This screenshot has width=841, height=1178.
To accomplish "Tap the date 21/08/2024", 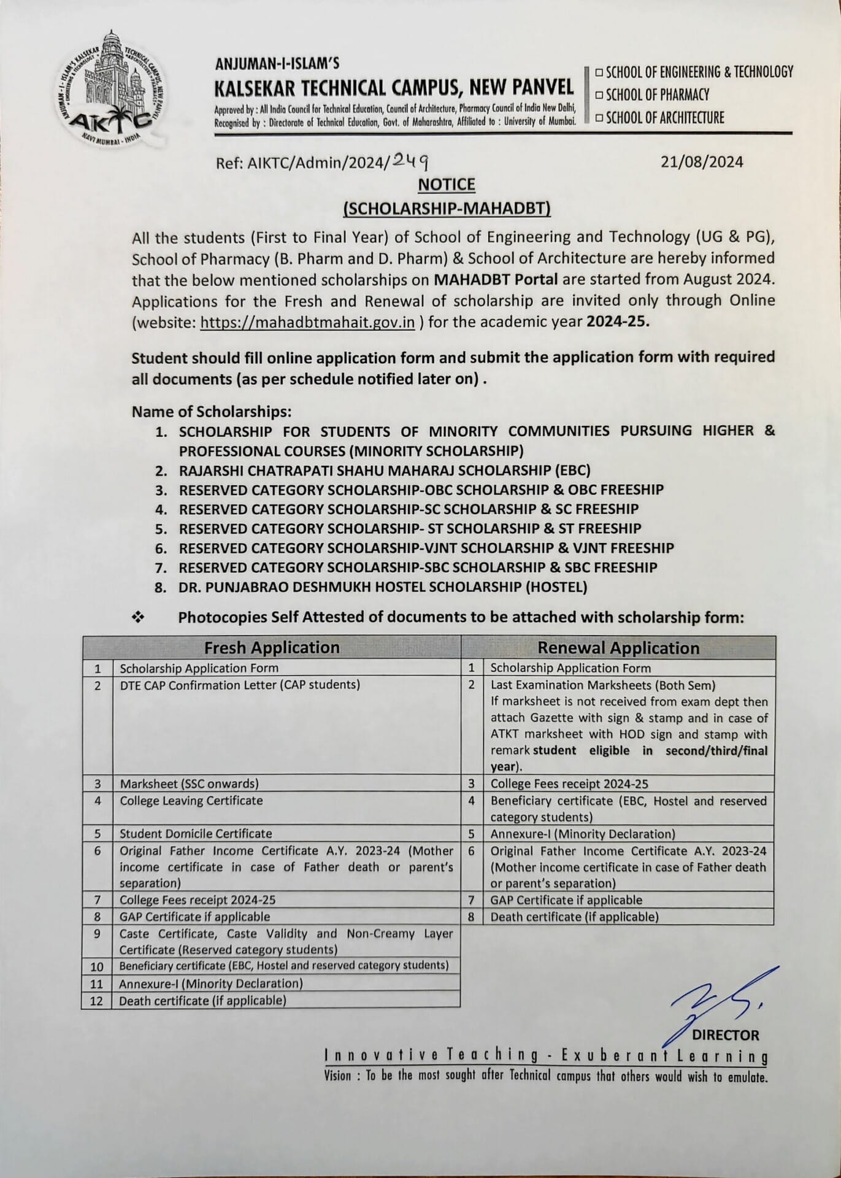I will coord(702,162).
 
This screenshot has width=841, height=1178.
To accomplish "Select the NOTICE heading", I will coord(447,185).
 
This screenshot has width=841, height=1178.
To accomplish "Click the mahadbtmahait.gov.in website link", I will coord(308,323).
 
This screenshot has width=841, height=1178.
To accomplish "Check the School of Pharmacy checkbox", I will coord(599,95).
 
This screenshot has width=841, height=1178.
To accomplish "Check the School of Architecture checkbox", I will coord(599,118).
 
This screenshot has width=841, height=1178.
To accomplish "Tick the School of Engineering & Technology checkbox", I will coord(599,73).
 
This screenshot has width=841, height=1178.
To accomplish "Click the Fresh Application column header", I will coord(272,648).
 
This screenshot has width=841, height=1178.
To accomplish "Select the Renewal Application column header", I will coord(618,649).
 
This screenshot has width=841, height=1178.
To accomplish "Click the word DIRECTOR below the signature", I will coord(726,1035).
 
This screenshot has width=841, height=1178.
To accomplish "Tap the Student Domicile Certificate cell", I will coord(196,833).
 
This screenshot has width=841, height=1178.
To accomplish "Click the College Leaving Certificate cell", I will coord(191,801).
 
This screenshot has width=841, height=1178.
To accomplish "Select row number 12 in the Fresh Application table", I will coord(97,1001).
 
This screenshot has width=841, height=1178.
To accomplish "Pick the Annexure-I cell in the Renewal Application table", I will coord(583,834).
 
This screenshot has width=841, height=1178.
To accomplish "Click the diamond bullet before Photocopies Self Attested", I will coord(138,617).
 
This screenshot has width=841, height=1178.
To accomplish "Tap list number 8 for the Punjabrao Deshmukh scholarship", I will coord(161,587).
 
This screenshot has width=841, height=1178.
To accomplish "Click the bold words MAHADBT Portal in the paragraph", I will coord(496,279).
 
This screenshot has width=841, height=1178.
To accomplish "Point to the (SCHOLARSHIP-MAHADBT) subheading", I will coord(447,209).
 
